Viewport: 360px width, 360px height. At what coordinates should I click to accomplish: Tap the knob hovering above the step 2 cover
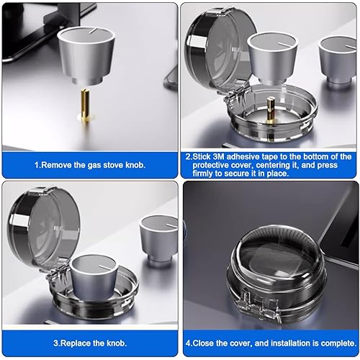coord(272,56)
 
